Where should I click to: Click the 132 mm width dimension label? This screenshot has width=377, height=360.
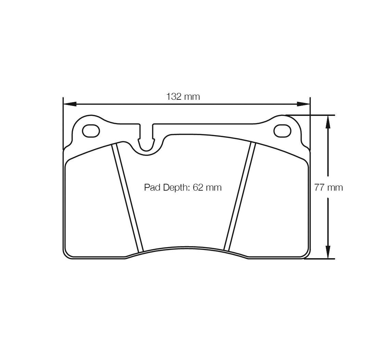[x=183, y=97]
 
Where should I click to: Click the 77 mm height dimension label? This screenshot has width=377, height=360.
[x=328, y=187]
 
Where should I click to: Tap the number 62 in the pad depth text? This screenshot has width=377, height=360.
[x=198, y=187]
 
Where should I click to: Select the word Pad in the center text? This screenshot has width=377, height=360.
[x=152, y=187]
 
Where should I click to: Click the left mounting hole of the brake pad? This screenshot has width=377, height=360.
[x=91, y=131]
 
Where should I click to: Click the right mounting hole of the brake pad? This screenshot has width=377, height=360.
[x=282, y=131]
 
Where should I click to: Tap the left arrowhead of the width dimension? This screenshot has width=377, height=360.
[x=70, y=104]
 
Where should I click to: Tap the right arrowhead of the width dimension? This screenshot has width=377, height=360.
[x=303, y=104]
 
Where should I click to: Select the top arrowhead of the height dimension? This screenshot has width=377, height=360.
[x=327, y=122]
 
